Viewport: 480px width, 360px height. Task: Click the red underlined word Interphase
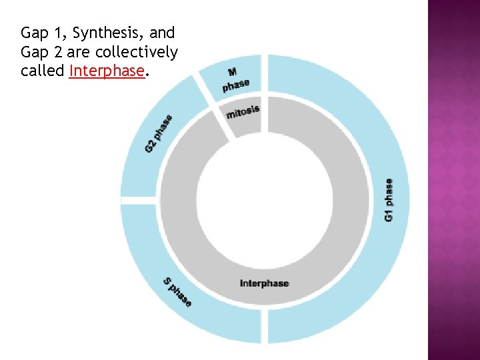(x=107, y=71)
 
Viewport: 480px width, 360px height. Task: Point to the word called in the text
(x=43, y=71)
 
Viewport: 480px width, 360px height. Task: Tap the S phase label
(x=178, y=292)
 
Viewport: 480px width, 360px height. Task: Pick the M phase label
(x=235, y=79)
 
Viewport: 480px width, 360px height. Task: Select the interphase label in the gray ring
(x=265, y=283)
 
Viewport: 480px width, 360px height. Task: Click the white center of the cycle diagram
(x=265, y=199)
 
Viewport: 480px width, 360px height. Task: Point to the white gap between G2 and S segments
(x=140, y=199)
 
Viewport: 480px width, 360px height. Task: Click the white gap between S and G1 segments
(x=264, y=327)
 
